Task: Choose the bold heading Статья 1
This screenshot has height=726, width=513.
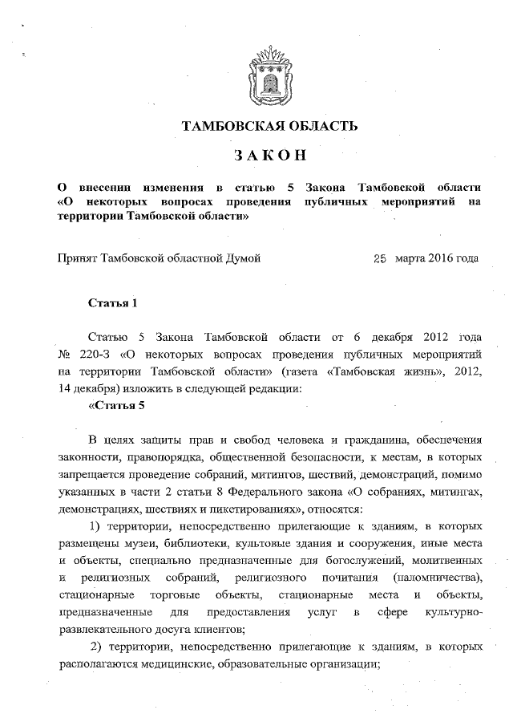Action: tap(113, 303)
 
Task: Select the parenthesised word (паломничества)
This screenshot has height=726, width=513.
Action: tap(433, 578)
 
